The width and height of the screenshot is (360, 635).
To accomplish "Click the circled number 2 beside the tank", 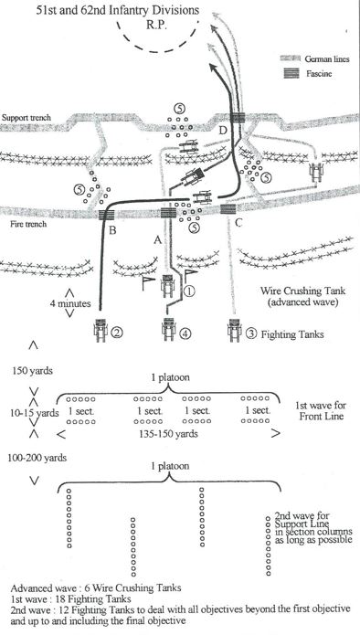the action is [x=117, y=333].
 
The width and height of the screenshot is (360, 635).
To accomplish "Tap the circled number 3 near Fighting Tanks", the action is [x=251, y=334].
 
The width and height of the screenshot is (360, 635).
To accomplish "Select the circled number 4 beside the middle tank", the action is [x=185, y=333].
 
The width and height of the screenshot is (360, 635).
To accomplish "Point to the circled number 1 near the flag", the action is [x=189, y=290].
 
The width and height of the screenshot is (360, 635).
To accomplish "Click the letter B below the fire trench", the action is [x=112, y=231].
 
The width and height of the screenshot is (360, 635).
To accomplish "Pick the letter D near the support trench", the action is [x=222, y=131].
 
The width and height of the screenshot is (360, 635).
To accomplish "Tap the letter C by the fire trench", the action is [x=238, y=222].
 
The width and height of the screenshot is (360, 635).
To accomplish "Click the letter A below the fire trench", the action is [x=157, y=240].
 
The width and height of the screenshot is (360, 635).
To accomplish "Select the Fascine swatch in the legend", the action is [x=291, y=73].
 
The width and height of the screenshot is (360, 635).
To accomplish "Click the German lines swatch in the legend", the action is [x=291, y=58].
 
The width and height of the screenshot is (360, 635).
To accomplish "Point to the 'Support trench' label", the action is [x=26, y=118].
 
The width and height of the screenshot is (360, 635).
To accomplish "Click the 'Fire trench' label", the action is [x=28, y=224].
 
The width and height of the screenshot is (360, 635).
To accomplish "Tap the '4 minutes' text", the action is [x=70, y=303].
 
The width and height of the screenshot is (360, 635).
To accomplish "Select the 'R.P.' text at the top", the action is [x=156, y=24].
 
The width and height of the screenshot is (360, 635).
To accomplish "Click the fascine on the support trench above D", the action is [x=238, y=117].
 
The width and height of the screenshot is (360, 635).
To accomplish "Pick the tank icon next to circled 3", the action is [x=234, y=330].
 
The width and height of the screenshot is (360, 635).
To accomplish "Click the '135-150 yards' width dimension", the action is [x=168, y=434].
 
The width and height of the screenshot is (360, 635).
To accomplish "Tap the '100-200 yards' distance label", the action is [x=37, y=458].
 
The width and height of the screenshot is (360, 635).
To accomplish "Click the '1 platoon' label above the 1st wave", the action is [x=170, y=377].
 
